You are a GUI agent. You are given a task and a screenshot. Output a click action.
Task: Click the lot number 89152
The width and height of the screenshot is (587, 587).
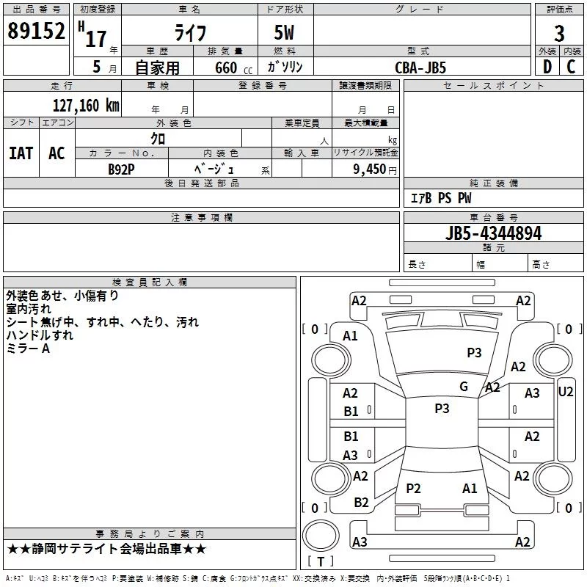[36, 30]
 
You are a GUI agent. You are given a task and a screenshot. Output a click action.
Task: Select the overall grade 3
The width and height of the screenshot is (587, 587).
[559, 33]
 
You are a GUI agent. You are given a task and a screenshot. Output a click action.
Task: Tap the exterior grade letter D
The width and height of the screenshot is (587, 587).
[547, 67]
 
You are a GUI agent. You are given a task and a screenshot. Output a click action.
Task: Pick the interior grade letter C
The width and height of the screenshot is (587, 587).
[571, 67]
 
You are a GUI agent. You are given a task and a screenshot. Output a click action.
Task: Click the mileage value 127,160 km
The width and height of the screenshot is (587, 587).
[86, 105]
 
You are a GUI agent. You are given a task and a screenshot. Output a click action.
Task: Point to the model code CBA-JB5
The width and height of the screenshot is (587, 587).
[420, 68]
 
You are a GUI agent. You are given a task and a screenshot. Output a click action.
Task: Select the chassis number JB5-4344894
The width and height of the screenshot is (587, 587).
[493, 233]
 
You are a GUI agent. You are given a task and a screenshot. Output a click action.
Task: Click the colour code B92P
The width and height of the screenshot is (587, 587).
[121, 169]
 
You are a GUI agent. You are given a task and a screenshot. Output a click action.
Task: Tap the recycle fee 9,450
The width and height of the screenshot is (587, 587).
[370, 169]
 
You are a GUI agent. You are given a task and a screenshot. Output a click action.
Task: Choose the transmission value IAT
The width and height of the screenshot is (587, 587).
[21, 153]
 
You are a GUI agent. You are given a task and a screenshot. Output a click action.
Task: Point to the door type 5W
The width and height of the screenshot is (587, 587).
[284, 32]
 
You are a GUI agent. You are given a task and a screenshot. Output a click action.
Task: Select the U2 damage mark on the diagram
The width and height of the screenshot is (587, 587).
[565, 392]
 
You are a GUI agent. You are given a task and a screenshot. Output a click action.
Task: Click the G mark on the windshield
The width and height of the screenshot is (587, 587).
[464, 387]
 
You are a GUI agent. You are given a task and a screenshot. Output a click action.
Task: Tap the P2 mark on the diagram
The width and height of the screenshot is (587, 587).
[413, 488]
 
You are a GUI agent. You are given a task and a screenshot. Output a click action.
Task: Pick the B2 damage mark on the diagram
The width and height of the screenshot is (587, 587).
[361, 503]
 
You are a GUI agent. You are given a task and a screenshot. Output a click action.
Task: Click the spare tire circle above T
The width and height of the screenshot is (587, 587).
[321, 536]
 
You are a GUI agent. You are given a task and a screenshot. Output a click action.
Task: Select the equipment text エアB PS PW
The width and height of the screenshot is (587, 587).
[441, 197]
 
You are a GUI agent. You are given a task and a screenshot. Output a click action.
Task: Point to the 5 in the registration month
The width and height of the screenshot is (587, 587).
[97, 67]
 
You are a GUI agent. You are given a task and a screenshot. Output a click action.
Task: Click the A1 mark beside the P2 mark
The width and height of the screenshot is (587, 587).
[470, 488]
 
